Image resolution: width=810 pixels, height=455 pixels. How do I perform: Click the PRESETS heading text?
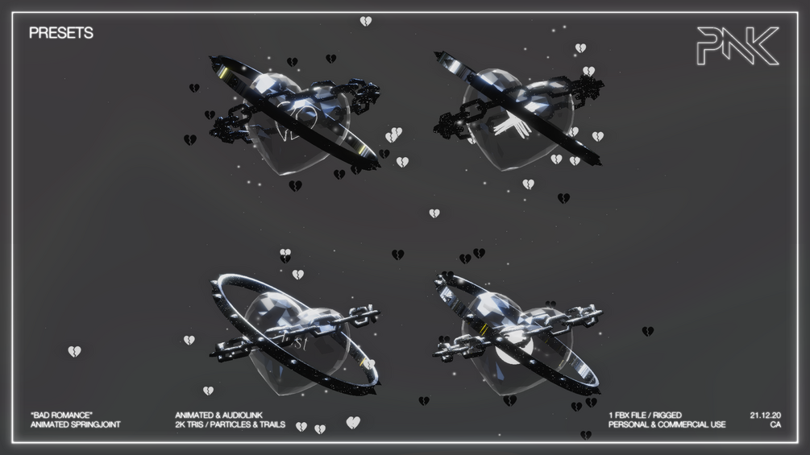pyautogui.click(x=60, y=33)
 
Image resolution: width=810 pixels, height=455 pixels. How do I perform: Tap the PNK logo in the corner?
pyautogui.click(x=737, y=46)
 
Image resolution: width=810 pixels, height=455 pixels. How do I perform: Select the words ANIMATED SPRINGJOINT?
pyautogui.click(x=75, y=424)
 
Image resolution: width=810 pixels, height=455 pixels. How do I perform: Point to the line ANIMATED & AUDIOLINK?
pyautogui.click(x=218, y=416)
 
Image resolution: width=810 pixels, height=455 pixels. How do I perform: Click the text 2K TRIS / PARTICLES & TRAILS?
pyautogui.click(x=230, y=424)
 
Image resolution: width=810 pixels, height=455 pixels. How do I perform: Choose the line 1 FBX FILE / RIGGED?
pyautogui.click(x=645, y=416)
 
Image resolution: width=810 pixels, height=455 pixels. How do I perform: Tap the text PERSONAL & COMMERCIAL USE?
pyautogui.click(x=667, y=424)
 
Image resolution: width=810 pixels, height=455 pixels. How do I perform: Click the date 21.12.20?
pyautogui.click(x=765, y=416)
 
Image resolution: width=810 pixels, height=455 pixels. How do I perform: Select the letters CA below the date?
pyautogui.click(x=775, y=424)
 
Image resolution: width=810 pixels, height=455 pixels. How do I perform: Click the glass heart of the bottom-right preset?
pyautogui.click(x=516, y=346)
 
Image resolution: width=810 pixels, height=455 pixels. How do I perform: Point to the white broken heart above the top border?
pyautogui.click(x=366, y=21)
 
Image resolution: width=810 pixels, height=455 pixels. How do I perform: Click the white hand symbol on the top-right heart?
pyautogui.click(x=509, y=129)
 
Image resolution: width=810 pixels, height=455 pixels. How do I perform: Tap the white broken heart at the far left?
pyautogui.click(x=74, y=351)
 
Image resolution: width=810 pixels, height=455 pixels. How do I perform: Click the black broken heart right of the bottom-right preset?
pyautogui.click(x=647, y=331)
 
